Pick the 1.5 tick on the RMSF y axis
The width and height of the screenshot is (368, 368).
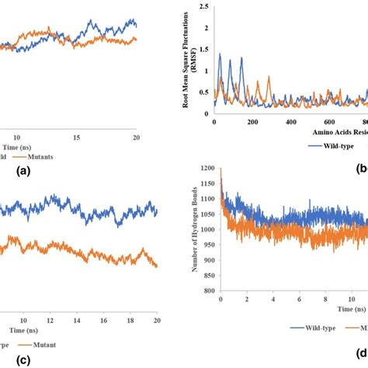click(x=203, y=50)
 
